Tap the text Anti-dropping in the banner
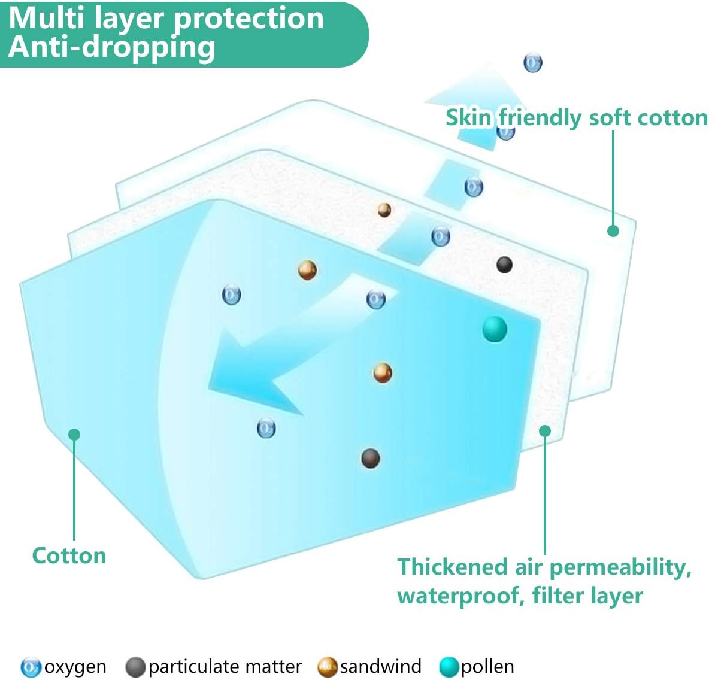pyautogui.click(x=111, y=48)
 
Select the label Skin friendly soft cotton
pyautogui.click(x=576, y=117)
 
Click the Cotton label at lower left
pyautogui.click(x=69, y=555)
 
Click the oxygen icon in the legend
pyautogui.click(x=31, y=667)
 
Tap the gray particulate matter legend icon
pyautogui.click(x=135, y=667)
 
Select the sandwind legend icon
pyautogui.click(x=328, y=667)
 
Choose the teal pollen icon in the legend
pyautogui.click(x=449, y=667)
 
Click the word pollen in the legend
pyautogui.click(x=487, y=667)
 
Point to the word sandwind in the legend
pyautogui.click(x=380, y=666)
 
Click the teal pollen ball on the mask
pyautogui.click(x=495, y=329)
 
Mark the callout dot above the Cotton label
pyautogui.click(x=74, y=434)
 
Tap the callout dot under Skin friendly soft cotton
pyautogui.click(x=613, y=230)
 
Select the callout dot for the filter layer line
pyautogui.click(x=545, y=430)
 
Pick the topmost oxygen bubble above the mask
pyautogui.click(x=532, y=62)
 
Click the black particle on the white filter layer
pyautogui.click(x=504, y=264)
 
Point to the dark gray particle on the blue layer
pyautogui.click(x=371, y=459)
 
